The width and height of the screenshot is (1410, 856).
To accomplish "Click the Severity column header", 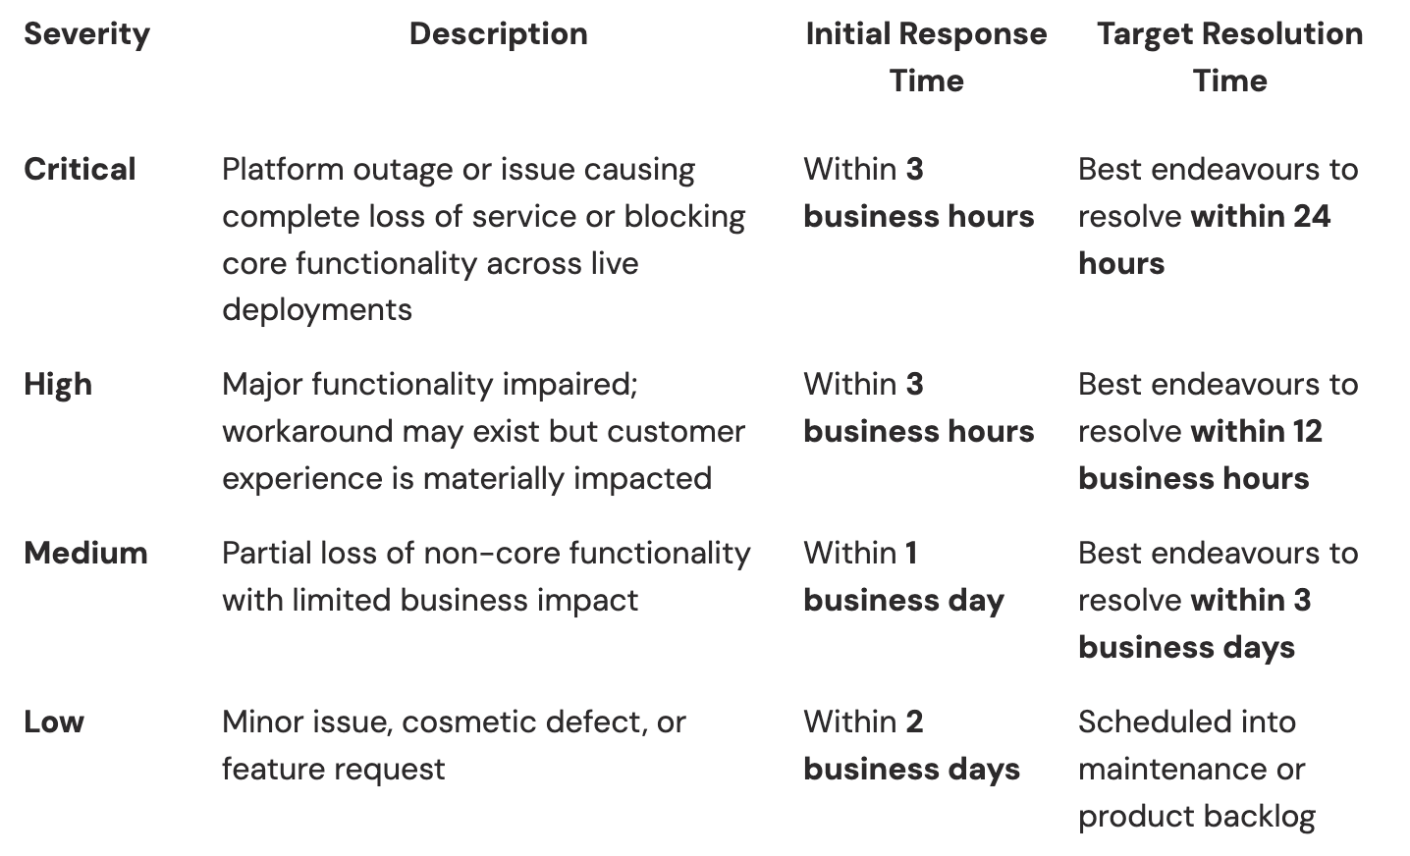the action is [86, 34].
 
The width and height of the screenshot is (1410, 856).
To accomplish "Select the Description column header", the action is [498, 34].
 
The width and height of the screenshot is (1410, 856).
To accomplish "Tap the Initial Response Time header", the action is [926, 57].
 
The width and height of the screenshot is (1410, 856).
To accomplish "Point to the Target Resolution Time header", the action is [1229, 57].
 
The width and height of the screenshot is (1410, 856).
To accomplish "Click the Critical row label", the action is [80, 169].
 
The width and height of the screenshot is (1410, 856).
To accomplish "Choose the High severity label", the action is [58, 384].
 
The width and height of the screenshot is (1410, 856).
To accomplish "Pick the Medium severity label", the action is [85, 553].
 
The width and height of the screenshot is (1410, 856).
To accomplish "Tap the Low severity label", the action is [54, 722].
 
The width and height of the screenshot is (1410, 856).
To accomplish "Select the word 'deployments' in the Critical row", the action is [316, 309].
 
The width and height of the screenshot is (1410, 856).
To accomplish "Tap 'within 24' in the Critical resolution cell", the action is [1260, 216].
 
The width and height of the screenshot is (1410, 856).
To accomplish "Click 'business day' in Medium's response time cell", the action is [903, 600].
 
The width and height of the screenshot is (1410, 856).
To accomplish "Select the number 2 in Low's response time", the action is [914, 722].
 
